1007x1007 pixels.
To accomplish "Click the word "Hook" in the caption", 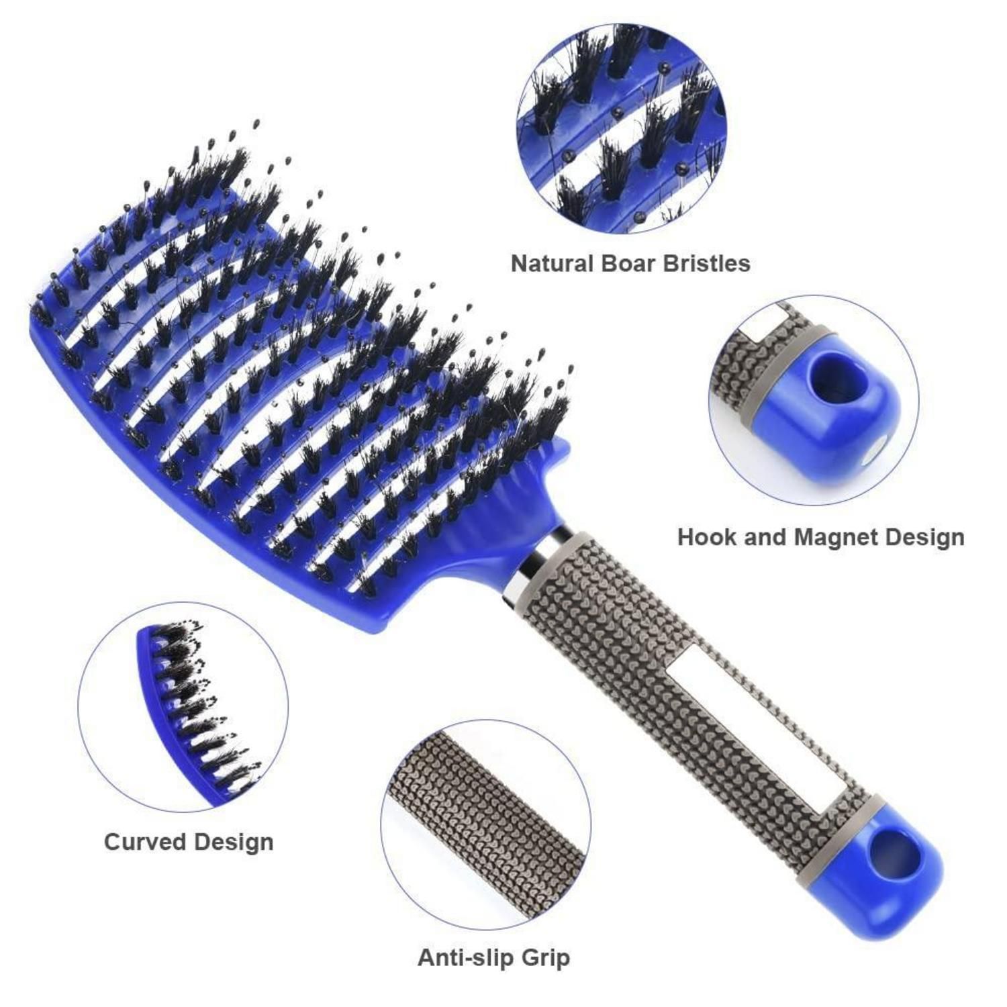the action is pyautogui.click(x=706, y=537).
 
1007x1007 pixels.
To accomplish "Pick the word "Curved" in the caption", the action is pyautogui.click(x=145, y=842).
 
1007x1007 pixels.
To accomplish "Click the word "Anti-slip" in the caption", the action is pyautogui.click(x=464, y=957).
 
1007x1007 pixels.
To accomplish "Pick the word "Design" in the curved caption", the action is pyautogui.click(x=236, y=842).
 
